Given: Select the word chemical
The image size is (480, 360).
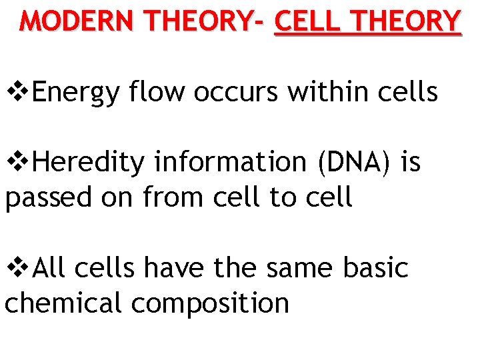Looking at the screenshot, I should pos(64,303).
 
